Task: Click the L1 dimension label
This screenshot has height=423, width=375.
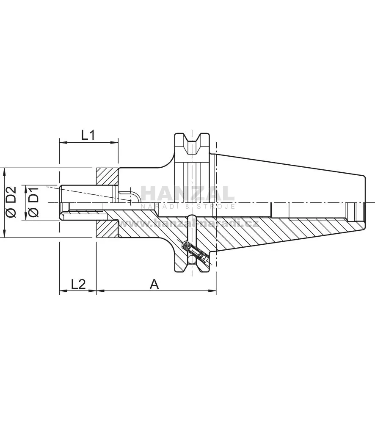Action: (x=88, y=135)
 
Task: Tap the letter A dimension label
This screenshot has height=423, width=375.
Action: (x=154, y=284)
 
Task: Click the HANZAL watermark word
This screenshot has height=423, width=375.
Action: (x=188, y=194)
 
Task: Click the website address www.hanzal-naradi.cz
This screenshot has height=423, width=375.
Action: (x=188, y=224)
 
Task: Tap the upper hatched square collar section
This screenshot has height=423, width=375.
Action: (x=108, y=177)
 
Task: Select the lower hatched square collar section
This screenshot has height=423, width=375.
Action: (x=108, y=229)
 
